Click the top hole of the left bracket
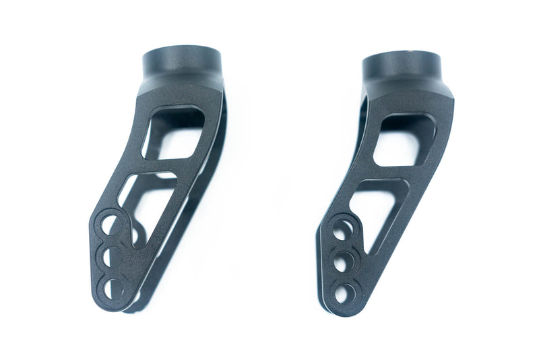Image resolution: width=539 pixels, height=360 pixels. click(x=110, y=224)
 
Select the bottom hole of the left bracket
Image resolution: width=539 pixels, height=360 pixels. click(x=114, y=288)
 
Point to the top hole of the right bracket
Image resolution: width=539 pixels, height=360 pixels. click(x=342, y=229)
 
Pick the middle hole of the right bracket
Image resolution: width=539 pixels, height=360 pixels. click(x=342, y=262)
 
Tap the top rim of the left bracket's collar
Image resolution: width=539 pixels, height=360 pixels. click(x=182, y=50)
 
